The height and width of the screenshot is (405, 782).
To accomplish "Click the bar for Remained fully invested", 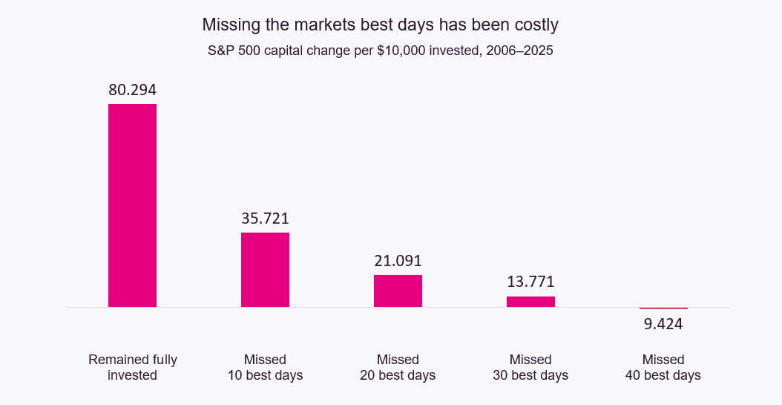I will click(132, 205).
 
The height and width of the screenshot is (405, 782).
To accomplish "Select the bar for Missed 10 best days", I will click(265, 269).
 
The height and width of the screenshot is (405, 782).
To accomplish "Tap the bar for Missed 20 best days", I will click(398, 291).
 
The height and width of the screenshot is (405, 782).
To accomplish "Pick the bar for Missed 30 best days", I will click(530, 301).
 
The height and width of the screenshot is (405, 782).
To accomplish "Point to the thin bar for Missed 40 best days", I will click(663, 308).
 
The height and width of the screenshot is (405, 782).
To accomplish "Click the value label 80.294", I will click(132, 90).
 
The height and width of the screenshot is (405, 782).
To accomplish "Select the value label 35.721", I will click(265, 218).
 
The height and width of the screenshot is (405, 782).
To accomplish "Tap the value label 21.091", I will click(398, 261).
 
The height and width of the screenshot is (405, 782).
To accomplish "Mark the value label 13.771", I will click(530, 282).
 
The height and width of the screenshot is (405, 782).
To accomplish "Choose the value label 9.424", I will click(663, 324).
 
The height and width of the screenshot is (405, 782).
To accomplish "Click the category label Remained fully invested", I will click(132, 367).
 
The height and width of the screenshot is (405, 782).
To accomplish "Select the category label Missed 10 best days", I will click(265, 367).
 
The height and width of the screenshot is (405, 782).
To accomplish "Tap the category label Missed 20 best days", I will click(398, 367).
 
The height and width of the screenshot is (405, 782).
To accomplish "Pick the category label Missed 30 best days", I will click(530, 367).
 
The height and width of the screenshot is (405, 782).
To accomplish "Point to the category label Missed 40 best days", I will click(663, 367).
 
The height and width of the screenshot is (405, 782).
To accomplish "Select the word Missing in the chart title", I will click(230, 25).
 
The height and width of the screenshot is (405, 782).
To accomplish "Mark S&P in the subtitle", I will click(221, 52).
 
